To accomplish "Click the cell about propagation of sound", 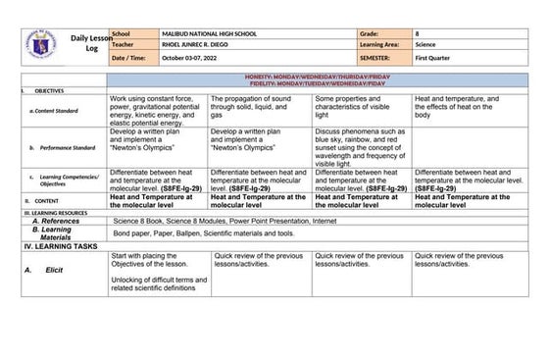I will click(x=259, y=107).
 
